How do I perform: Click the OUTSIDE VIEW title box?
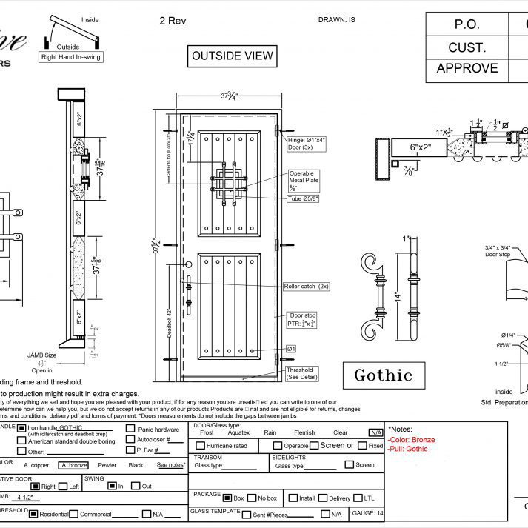(233, 56)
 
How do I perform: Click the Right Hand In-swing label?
(72, 56)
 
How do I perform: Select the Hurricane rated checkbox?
(201, 446)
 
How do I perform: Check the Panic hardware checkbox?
(130, 429)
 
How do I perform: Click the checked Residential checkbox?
(33, 515)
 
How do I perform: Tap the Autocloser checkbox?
(130, 440)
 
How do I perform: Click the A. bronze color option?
(74, 465)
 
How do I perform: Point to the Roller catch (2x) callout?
(306, 286)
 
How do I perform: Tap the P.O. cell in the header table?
(467, 24)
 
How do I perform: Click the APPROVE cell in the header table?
(467, 68)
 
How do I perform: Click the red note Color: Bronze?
(412, 440)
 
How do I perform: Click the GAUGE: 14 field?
(368, 513)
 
